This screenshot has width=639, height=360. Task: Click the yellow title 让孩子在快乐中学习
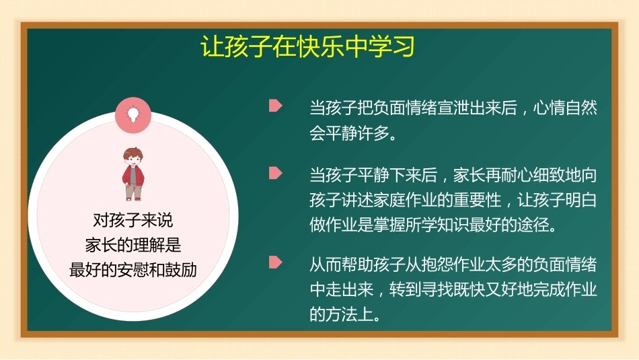pyautogui.click(x=307, y=46)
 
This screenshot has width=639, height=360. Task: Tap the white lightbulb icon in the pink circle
pyautogui.click(x=133, y=114)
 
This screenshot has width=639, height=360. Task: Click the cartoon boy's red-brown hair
pyautogui.click(x=133, y=153)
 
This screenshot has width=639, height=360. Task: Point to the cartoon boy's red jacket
pyautogui.click(x=133, y=176)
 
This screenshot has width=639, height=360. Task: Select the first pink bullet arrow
pyautogui.click(x=276, y=106)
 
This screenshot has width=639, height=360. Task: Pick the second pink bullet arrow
pyautogui.click(x=276, y=174)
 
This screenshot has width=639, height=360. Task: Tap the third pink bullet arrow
pyautogui.click(x=276, y=262)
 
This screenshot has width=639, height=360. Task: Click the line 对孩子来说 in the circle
pyautogui.click(x=133, y=221)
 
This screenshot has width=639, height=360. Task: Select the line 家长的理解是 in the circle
pyautogui.click(x=133, y=245)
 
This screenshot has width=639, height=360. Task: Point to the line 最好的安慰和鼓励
pyautogui.click(x=133, y=270)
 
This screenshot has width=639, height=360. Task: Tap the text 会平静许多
pyautogui.click(x=349, y=133)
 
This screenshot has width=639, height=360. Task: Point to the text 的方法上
pyautogui.click(x=341, y=314)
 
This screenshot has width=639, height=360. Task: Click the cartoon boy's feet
pyautogui.click(x=134, y=199)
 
